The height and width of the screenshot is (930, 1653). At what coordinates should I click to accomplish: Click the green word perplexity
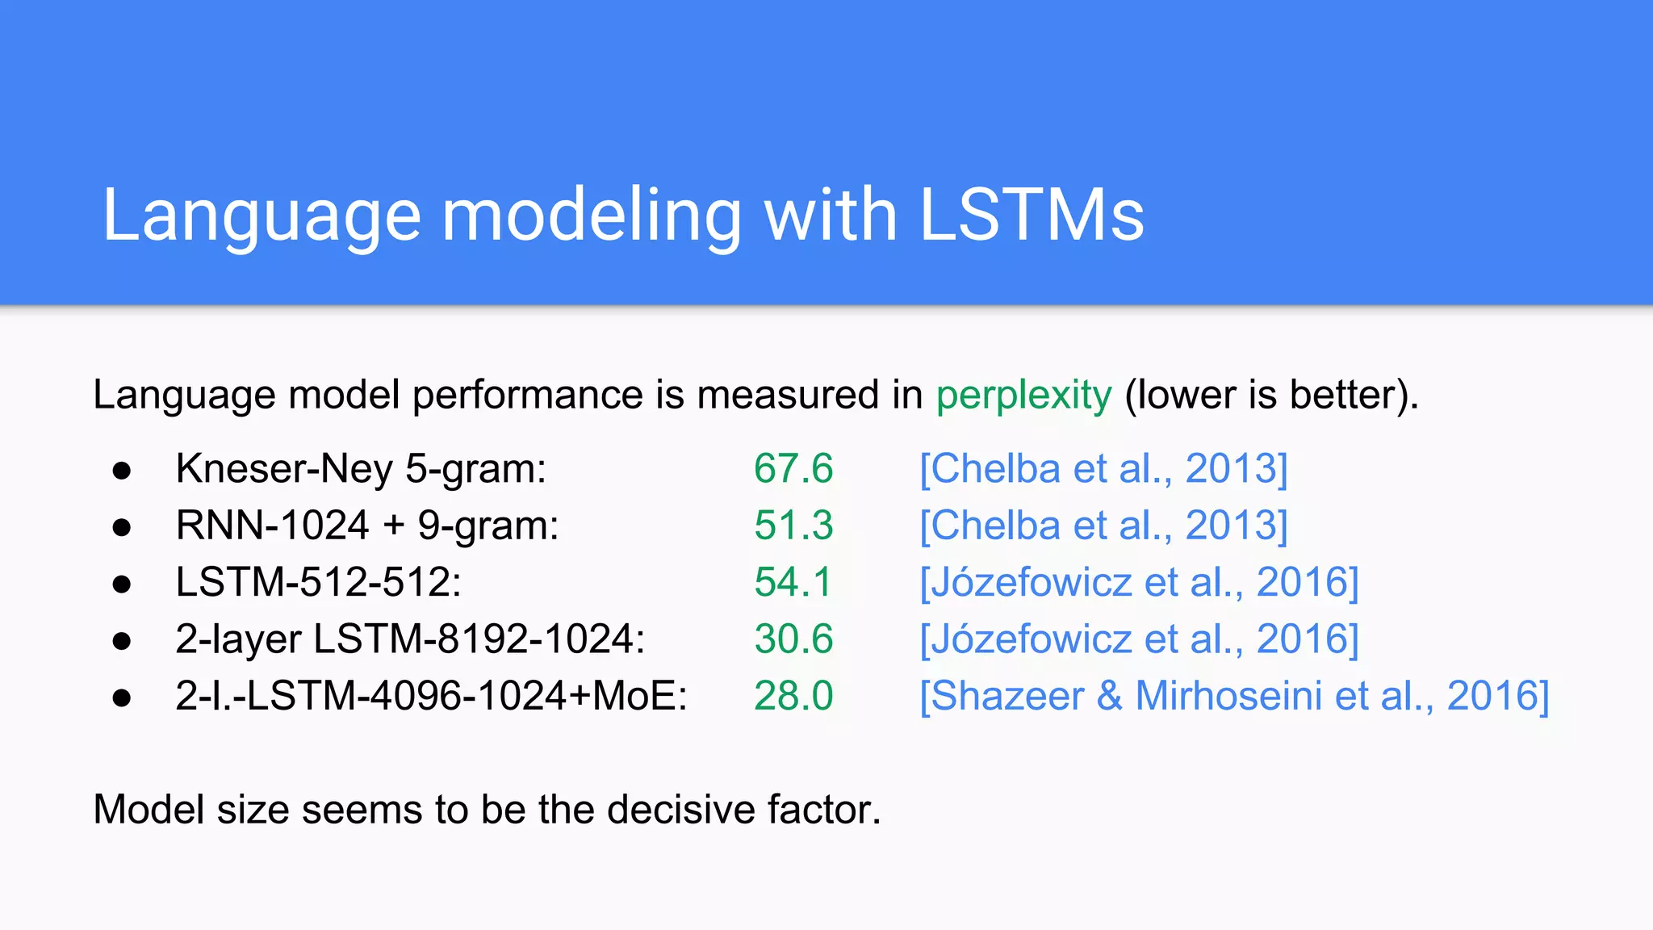pyautogui.click(x=1023, y=396)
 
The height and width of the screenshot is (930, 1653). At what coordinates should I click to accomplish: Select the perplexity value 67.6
pyautogui.click(x=793, y=469)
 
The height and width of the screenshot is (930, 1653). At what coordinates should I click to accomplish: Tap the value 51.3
pyautogui.click(x=793, y=526)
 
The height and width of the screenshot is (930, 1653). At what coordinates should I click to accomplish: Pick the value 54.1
pyautogui.click(x=793, y=582)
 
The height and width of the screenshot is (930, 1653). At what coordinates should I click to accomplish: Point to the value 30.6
pyautogui.click(x=793, y=639)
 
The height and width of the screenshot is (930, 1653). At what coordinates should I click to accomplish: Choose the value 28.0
pyautogui.click(x=793, y=696)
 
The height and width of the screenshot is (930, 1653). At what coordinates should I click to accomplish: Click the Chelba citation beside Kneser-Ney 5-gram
pyautogui.click(x=1103, y=469)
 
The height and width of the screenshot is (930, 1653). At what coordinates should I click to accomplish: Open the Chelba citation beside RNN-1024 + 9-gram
pyautogui.click(x=1103, y=526)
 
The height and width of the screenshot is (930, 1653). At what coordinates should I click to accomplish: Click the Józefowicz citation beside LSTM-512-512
pyautogui.click(x=1139, y=582)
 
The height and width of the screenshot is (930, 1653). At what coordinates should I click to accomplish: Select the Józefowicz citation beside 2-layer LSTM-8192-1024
pyautogui.click(x=1139, y=639)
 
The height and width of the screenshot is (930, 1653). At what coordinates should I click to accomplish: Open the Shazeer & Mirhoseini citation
pyautogui.click(x=1234, y=696)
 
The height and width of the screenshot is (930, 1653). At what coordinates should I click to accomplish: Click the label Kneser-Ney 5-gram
pyautogui.click(x=361, y=469)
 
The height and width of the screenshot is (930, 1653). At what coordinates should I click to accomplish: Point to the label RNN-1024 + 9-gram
pyautogui.click(x=367, y=526)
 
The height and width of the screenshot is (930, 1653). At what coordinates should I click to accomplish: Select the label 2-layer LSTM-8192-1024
pyautogui.click(x=410, y=639)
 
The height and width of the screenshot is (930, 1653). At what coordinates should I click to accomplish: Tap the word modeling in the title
pyautogui.click(x=591, y=216)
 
